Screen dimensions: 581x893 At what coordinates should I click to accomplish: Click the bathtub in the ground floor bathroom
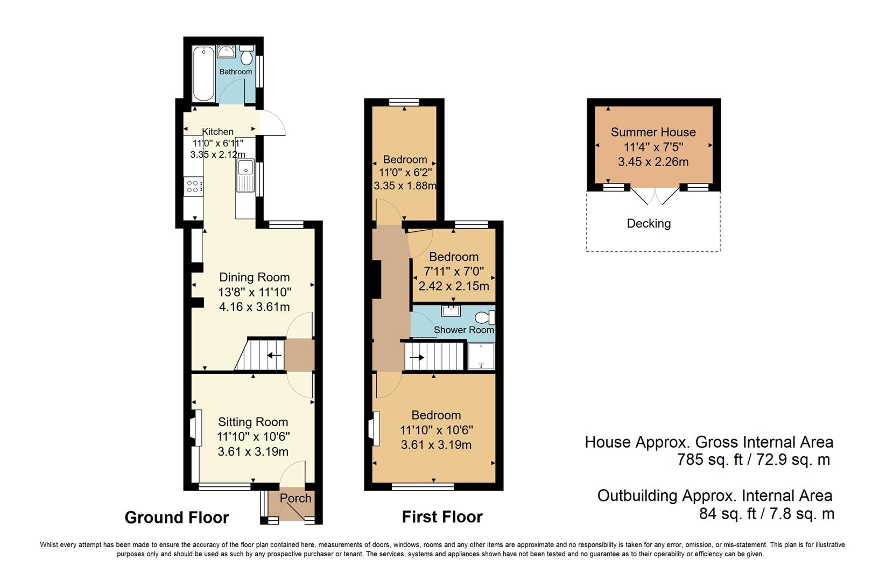[203, 74]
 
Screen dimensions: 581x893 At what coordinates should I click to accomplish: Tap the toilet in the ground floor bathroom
[247, 56]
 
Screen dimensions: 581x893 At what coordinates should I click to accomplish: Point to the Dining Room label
[254, 278]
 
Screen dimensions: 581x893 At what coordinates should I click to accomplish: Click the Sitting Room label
[252, 422]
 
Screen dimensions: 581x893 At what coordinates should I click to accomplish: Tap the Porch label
[296, 499]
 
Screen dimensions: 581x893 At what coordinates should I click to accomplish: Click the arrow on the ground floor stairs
[274, 355]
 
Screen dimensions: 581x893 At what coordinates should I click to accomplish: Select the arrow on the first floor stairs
[417, 357]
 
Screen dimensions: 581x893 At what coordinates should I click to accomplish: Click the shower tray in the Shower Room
[481, 356]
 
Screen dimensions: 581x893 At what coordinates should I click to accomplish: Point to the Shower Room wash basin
[450, 310]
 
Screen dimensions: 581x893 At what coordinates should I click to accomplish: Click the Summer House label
[653, 132]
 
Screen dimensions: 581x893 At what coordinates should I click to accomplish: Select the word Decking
[649, 224]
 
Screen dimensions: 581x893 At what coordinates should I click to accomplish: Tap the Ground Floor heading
[177, 518]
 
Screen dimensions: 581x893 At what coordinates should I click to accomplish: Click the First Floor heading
[442, 517]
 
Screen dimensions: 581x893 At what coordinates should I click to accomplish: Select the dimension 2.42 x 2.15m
[454, 286]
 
